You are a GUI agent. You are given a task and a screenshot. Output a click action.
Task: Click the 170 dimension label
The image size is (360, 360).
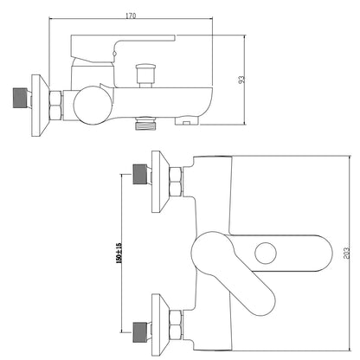point(131,16)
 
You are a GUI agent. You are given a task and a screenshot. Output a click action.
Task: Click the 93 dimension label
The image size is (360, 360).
point(241,80)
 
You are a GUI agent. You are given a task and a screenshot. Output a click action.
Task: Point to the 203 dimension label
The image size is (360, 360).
point(346,253)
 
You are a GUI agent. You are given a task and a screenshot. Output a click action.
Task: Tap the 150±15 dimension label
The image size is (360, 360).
point(119,253)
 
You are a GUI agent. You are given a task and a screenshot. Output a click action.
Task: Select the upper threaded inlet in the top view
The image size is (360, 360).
point(140,174)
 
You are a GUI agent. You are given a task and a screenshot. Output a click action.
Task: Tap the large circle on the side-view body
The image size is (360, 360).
point(93,106)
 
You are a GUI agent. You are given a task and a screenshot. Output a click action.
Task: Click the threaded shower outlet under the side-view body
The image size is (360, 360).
point(145,123)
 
